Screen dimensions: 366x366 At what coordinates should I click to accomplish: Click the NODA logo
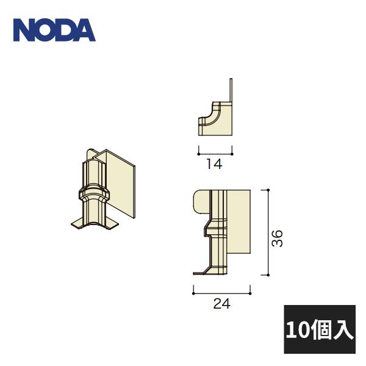point(54,29)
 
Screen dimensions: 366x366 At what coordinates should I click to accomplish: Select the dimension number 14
point(215,163)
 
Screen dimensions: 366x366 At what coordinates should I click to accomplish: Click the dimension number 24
point(223,304)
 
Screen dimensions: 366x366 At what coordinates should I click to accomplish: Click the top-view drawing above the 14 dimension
point(216,120)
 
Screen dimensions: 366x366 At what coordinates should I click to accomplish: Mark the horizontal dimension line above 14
point(215,151)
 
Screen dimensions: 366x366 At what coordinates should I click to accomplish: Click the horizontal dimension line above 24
point(223,290)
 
